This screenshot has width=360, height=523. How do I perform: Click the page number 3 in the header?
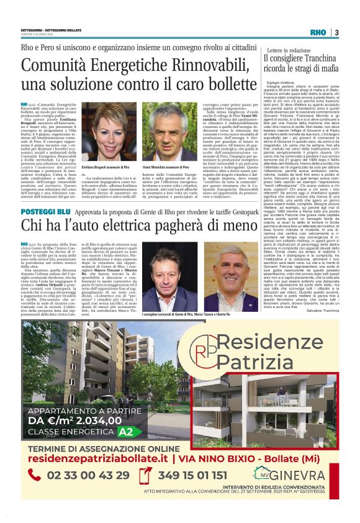coord(337,32)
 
